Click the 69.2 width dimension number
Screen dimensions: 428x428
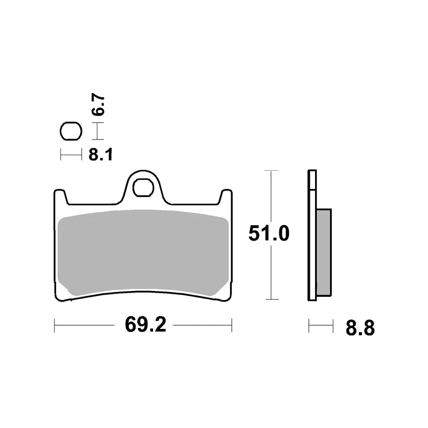tap(146, 325)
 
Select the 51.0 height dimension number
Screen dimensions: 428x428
tap(269, 234)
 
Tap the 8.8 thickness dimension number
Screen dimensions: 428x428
tap(360, 328)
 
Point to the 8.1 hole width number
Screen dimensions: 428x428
tap(101, 155)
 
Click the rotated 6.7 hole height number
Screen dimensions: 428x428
tap(98, 104)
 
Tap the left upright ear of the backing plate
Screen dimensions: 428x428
tap(60, 197)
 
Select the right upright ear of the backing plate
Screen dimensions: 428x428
tap(226, 197)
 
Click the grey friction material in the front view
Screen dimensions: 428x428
tap(143, 253)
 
